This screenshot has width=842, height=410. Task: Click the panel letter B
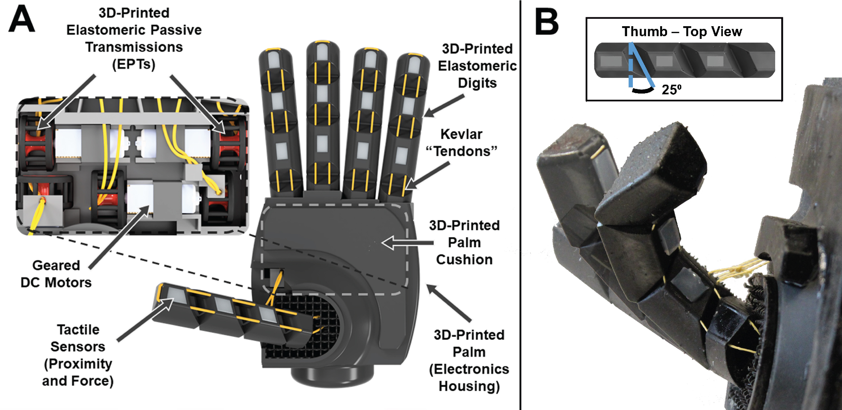pos(546,22)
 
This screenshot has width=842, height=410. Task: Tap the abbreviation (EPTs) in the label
pos(134,64)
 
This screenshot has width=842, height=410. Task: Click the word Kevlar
pos(461,134)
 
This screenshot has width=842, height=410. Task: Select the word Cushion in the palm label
pos(464,259)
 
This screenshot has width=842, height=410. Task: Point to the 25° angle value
pos(671,90)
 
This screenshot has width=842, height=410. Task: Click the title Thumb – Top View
pos(682,31)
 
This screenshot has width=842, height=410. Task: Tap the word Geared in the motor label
pos(56,265)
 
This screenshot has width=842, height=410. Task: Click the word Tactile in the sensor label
pos(78,330)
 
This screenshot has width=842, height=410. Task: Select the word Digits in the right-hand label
pos(477,83)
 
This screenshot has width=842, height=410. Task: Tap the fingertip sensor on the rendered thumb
pos(175,295)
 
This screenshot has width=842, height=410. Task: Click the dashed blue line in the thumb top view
pos(631,65)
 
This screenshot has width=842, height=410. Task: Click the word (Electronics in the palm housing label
pos(469,369)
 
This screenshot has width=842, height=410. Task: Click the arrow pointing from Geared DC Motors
pos(119,237)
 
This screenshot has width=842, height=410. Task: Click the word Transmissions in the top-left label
pos(134,47)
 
